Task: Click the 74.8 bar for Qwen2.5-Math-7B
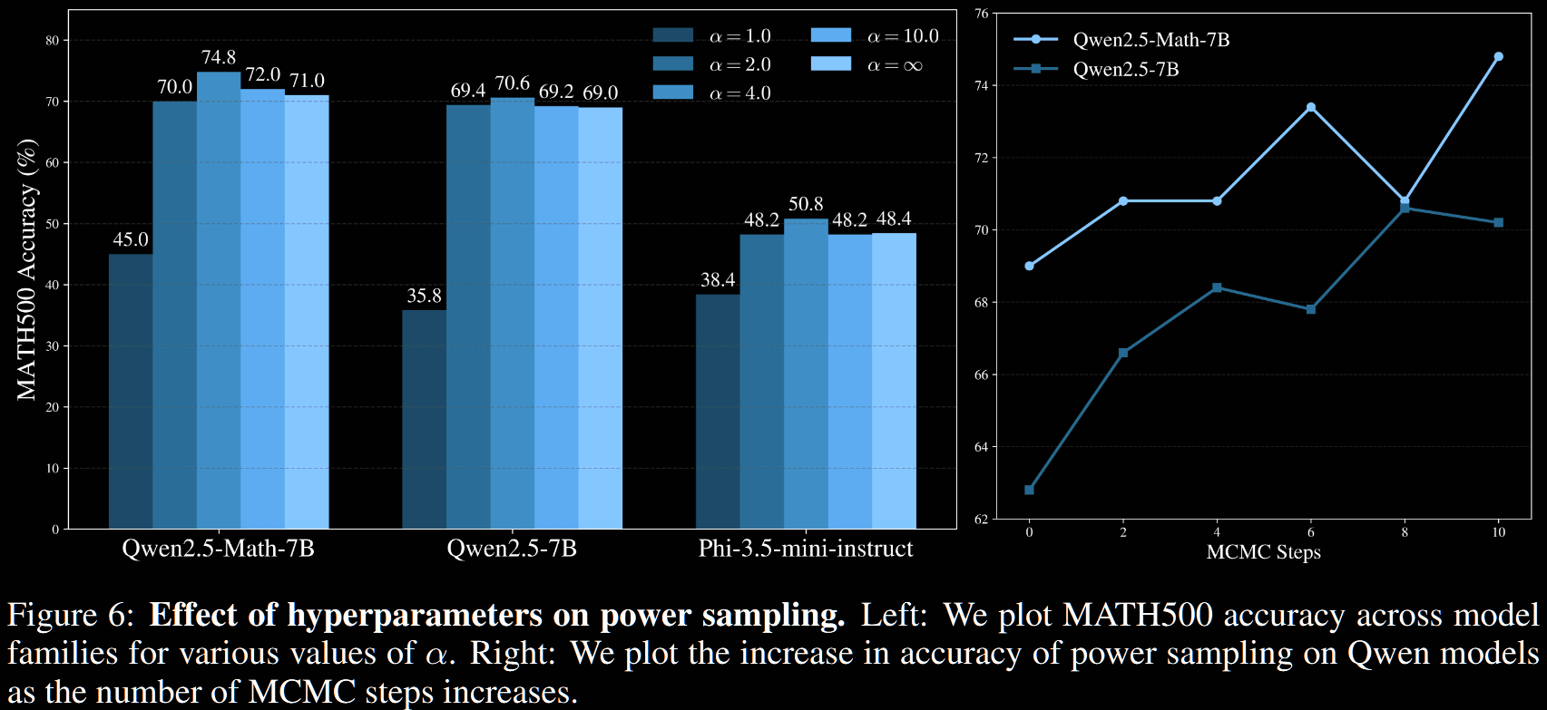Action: (x=219, y=299)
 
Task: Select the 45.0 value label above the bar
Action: (x=131, y=239)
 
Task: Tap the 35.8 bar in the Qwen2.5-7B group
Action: (x=424, y=419)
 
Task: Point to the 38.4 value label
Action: (x=718, y=280)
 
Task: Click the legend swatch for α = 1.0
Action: (x=672, y=35)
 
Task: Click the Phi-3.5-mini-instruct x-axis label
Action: (x=806, y=549)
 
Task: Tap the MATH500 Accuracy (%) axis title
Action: (x=27, y=269)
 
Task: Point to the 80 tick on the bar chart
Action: (x=53, y=40)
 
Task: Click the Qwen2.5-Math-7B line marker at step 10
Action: (x=1498, y=56)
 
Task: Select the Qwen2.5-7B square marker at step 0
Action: (x=1029, y=490)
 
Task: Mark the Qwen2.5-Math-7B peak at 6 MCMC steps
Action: (x=1310, y=107)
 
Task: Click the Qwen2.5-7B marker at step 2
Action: (x=1123, y=353)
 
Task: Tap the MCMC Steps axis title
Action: (x=1263, y=552)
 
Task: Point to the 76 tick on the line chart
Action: (x=981, y=14)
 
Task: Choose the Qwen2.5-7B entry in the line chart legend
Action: (x=1125, y=69)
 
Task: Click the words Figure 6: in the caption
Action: (x=71, y=616)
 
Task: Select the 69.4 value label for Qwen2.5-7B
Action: (x=468, y=91)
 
